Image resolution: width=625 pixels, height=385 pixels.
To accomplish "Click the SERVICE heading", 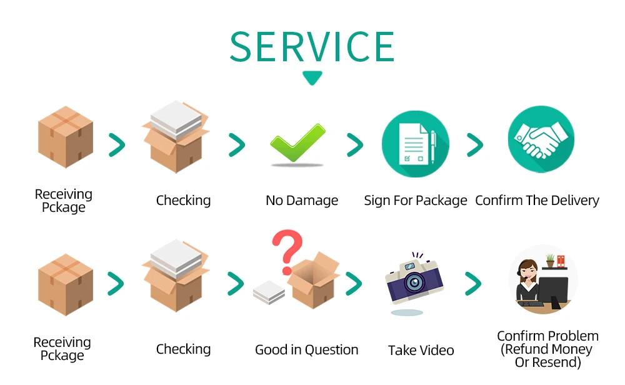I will click(312, 47).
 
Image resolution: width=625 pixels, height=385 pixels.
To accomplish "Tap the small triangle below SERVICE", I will click(312, 78).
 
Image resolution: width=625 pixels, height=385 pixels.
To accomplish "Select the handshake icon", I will click(541, 139).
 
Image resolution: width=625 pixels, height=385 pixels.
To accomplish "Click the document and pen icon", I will click(416, 144).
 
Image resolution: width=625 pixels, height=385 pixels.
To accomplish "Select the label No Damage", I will click(302, 201).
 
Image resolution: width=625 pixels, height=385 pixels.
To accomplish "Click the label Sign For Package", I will click(416, 201).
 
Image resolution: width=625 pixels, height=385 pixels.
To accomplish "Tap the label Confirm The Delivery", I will click(537, 201).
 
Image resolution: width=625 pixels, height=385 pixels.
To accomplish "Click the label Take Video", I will click(421, 350).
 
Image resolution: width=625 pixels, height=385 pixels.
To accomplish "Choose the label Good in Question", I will click(306, 350).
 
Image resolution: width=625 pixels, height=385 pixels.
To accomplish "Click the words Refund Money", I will click(547, 349).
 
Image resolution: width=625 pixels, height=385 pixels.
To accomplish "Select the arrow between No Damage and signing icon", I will click(355, 145).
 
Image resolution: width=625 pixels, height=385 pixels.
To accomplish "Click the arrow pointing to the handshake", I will click(475, 145).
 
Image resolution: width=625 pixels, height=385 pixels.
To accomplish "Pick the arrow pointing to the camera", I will click(354, 284).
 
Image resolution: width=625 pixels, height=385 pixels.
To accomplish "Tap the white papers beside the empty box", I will click(269, 292).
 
